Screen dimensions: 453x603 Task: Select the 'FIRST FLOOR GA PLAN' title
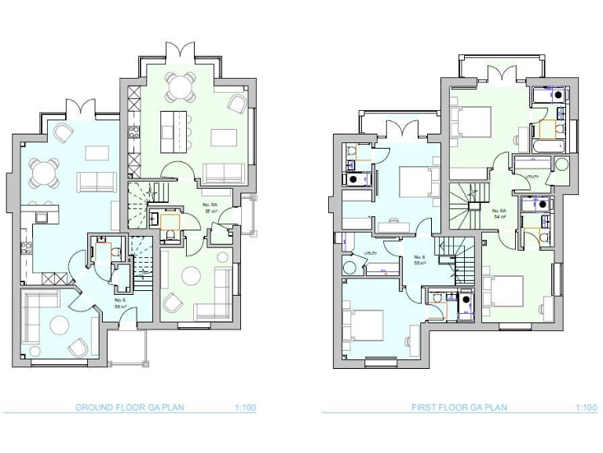459,407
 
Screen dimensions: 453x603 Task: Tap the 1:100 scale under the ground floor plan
245,407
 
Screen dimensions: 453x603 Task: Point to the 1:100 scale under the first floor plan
586,407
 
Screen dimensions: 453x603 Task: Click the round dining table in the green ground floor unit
181,87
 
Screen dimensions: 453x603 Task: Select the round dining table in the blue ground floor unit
43,171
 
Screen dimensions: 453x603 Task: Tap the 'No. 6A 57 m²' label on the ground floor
210,208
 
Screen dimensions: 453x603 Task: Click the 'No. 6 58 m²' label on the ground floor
120,303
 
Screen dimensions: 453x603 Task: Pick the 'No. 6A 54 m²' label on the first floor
499,213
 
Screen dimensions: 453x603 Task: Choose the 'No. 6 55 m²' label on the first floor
419,260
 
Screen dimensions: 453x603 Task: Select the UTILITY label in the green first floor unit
532,177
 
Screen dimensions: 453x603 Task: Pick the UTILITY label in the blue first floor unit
370,252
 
